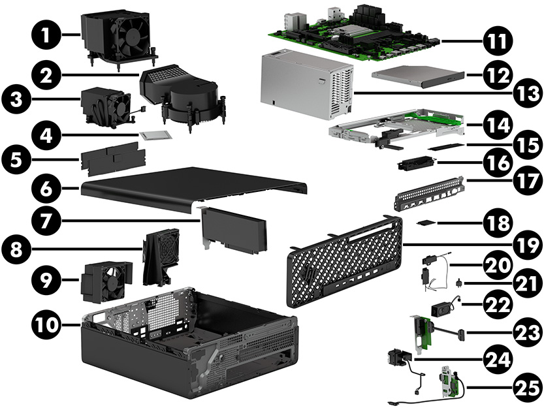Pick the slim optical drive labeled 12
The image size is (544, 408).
(x=417, y=76)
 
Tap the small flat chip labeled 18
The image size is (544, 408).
(x=427, y=222)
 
